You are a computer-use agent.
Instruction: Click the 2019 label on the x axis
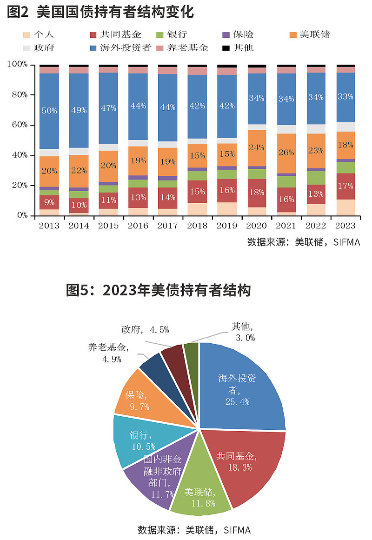pos(227,226)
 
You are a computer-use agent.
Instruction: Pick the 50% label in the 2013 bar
pos(49,111)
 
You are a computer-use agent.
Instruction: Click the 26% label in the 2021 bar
pos(286,153)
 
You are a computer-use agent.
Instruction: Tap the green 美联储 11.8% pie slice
pos(200,493)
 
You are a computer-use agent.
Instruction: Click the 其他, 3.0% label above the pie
pos(243,333)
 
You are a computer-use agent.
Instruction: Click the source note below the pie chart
pos(194,530)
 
